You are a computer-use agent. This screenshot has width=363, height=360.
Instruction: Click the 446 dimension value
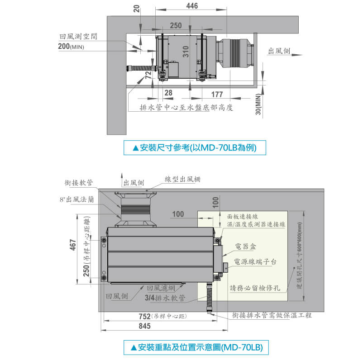[x=192, y=6]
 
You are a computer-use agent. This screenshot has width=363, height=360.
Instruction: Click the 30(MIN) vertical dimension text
[x=258, y=105]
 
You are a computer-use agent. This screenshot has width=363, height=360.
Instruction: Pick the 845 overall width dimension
[x=145, y=326]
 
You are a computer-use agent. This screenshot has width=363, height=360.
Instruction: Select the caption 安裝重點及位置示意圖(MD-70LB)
[x=196, y=347]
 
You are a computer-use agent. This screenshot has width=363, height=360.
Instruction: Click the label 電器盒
[x=245, y=247]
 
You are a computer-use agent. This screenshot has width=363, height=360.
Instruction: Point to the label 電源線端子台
[x=254, y=261]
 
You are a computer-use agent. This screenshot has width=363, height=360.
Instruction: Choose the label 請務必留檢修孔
[x=255, y=288]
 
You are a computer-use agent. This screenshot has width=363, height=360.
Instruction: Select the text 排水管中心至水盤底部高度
[x=186, y=108]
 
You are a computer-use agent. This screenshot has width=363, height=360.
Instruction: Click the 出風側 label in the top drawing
[x=279, y=51]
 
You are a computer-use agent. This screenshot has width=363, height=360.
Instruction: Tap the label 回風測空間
[x=78, y=37]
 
